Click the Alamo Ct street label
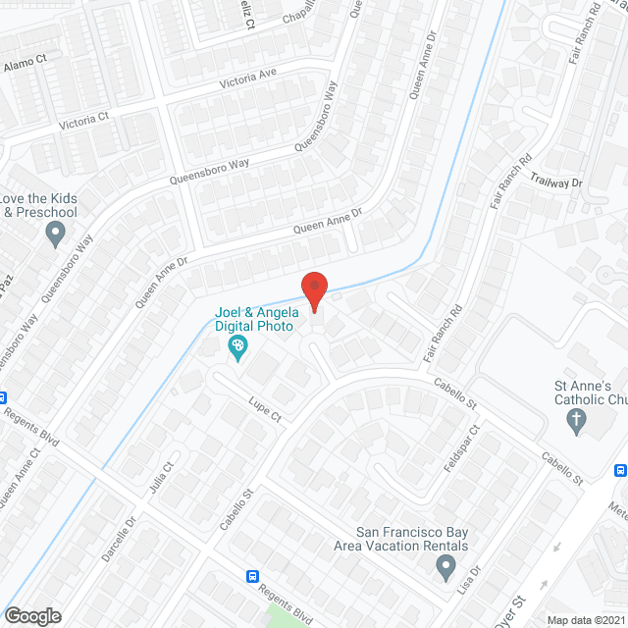(x=26, y=62)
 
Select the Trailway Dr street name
(x=555, y=183)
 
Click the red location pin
(x=313, y=290)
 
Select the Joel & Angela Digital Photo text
(x=257, y=320)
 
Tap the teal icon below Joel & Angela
(x=236, y=346)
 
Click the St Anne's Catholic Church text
(x=588, y=392)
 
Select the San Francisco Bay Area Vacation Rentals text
(x=411, y=539)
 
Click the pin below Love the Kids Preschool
(x=55, y=233)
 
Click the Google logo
(x=31, y=615)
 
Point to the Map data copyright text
(x=587, y=620)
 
